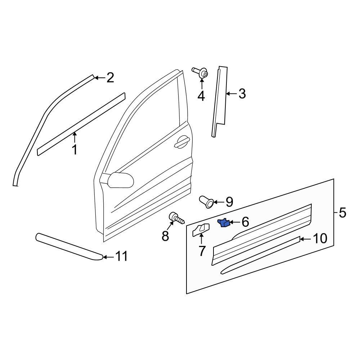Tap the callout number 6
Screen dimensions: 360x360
click(245, 222)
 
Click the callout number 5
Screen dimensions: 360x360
click(342, 213)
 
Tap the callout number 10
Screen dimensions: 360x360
click(320, 238)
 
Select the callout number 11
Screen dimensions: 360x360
click(121, 256)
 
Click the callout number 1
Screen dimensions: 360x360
click(75, 149)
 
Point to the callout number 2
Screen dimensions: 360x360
click(110, 77)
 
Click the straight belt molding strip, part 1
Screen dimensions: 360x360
click(81, 124)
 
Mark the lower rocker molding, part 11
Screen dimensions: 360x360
click(68, 247)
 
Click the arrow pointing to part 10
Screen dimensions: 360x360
click(305, 239)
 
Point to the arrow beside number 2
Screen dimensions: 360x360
click(99, 77)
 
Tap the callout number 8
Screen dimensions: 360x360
click(165, 236)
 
